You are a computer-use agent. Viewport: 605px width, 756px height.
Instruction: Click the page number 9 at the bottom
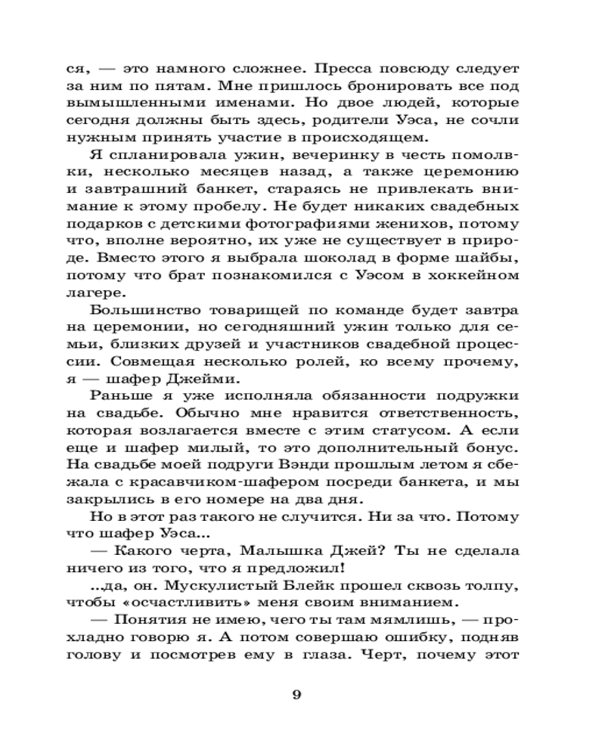(296, 696)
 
